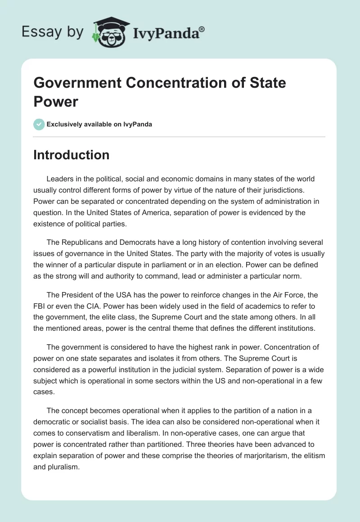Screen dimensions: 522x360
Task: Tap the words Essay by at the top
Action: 53,32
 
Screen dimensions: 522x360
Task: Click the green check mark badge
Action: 39,124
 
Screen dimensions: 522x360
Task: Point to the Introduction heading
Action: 71,155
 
